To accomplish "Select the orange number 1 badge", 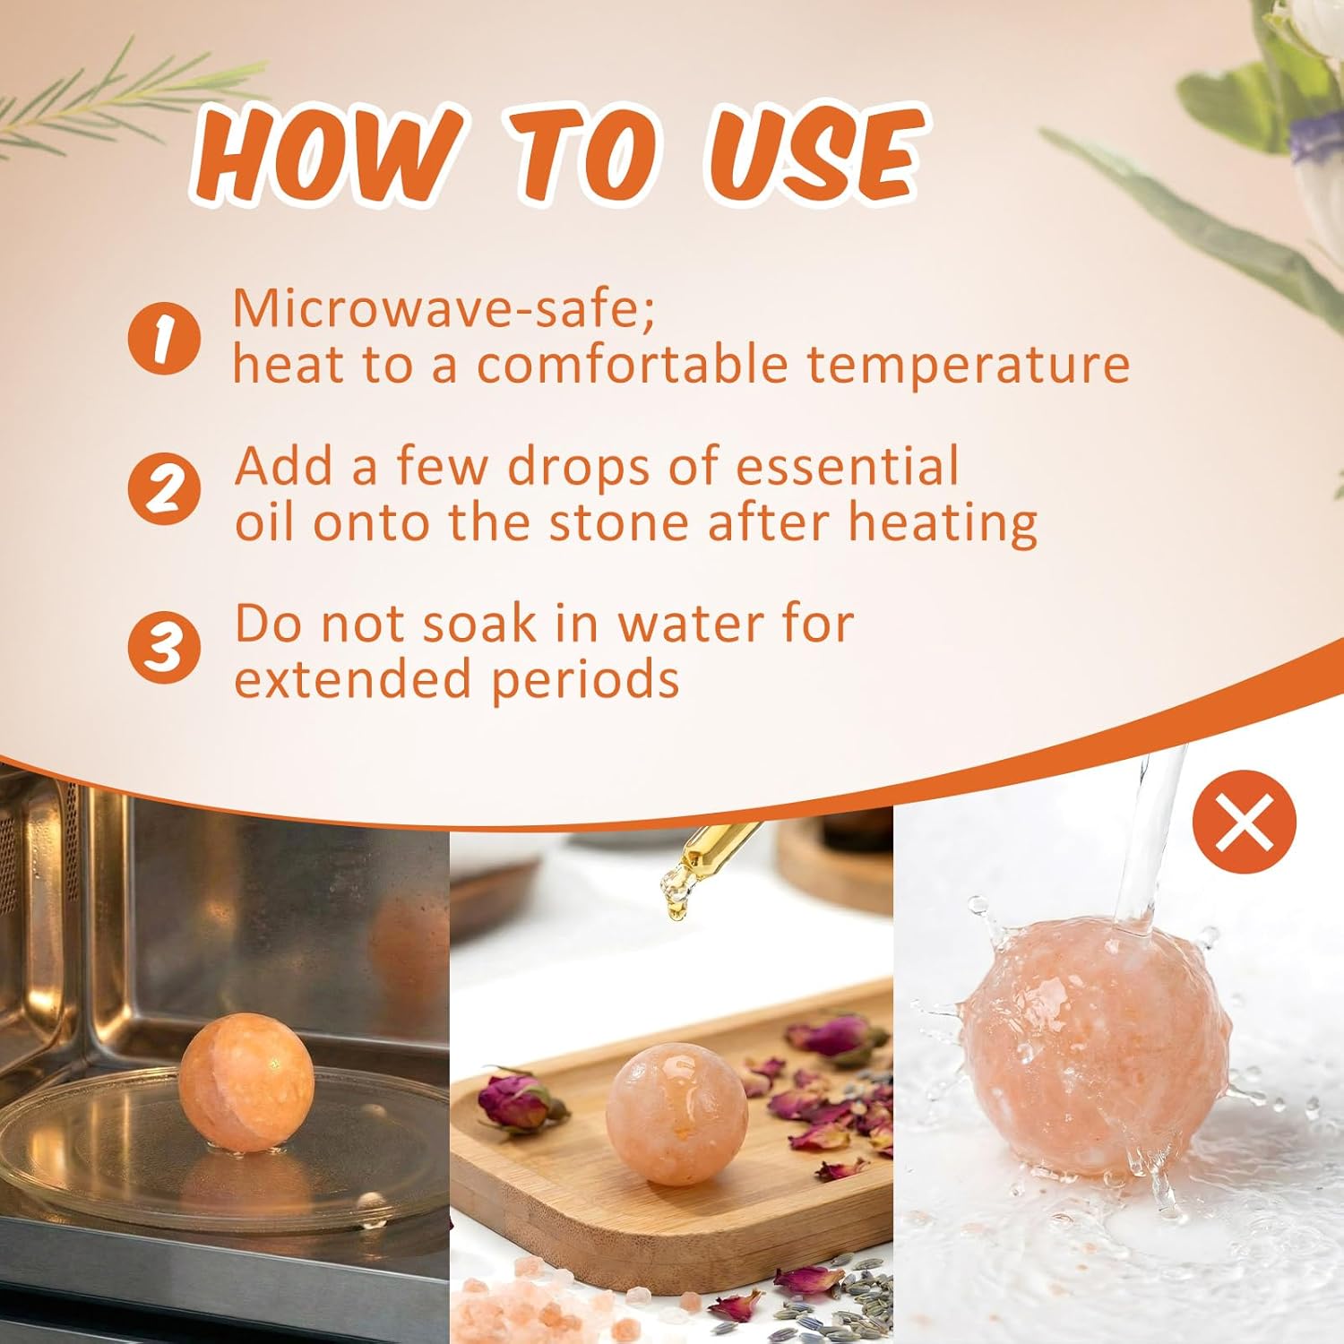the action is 163,338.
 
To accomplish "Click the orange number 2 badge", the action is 163,490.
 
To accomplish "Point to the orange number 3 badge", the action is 163,647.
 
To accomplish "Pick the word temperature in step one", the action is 968,365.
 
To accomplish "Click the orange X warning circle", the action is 1245,822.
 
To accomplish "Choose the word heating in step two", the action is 943,522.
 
